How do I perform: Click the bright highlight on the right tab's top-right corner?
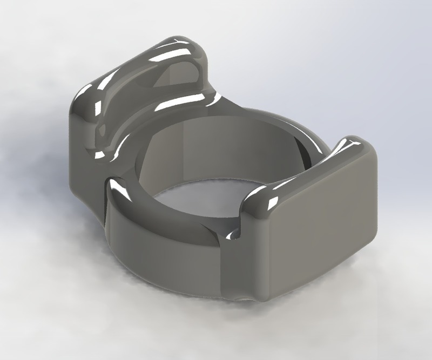tap(354, 142)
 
